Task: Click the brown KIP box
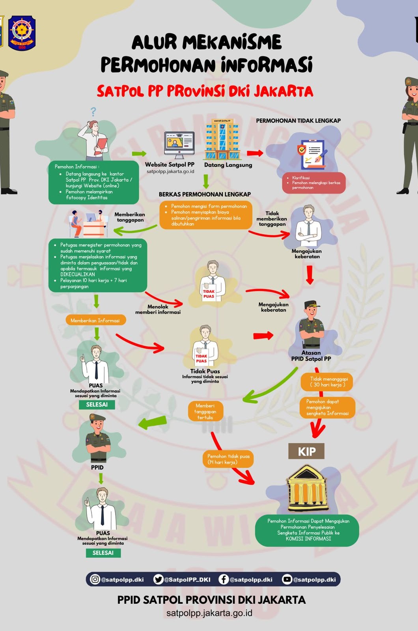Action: click(306, 451)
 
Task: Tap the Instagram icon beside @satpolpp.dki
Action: click(95, 579)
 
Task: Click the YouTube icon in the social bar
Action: click(287, 579)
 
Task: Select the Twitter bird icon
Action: click(158, 579)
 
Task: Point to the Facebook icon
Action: click(223, 579)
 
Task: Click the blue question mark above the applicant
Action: click(93, 112)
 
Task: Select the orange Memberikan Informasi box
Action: click(95, 320)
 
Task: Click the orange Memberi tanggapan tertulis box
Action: click(205, 411)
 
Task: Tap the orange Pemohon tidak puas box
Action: click(228, 459)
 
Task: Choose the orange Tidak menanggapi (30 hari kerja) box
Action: click(327, 382)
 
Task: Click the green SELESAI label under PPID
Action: click(103, 553)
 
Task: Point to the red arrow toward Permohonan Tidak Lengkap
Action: click(255, 153)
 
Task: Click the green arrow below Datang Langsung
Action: click(206, 181)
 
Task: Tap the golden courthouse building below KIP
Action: click(307, 489)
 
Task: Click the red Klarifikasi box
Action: click(314, 183)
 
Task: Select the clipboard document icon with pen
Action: click(312, 155)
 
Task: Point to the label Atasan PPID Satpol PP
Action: click(311, 356)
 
